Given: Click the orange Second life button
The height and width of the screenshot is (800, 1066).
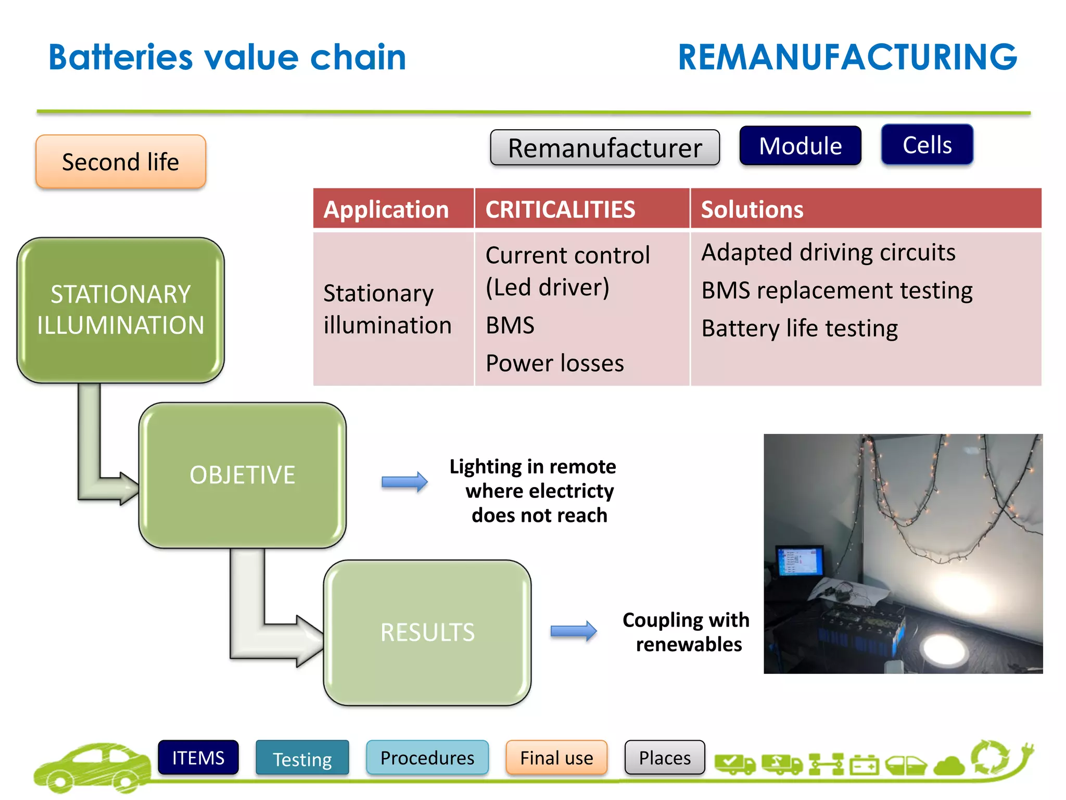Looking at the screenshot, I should [x=121, y=162].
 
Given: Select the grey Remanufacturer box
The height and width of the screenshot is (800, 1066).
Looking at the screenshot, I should [x=604, y=148].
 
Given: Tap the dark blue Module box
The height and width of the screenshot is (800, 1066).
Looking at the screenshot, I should [x=800, y=146].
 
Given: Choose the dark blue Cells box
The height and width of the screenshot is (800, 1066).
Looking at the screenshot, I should [x=927, y=145].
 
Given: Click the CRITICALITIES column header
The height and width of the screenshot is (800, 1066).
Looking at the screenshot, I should [x=560, y=209].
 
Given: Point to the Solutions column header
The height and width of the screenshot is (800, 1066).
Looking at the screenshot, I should [x=752, y=209].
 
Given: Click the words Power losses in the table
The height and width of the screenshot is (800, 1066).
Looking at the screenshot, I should [x=554, y=363].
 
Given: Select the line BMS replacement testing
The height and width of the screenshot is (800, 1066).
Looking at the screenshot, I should [x=836, y=291].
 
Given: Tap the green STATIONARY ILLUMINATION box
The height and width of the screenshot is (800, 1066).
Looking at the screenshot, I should [x=121, y=310].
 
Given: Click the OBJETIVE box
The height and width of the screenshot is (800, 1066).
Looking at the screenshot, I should [x=243, y=475].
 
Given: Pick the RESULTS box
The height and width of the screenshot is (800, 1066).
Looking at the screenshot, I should [x=427, y=632].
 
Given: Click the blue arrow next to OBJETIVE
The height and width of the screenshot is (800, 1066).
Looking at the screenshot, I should [x=404, y=482].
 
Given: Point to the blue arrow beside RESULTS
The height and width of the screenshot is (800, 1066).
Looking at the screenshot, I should [x=574, y=631].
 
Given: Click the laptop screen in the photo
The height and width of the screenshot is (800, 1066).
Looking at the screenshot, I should [x=799, y=562].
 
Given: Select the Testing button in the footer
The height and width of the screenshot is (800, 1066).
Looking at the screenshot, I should [x=302, y=758].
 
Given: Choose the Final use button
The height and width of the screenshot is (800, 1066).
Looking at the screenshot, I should [x=556, y=758].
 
